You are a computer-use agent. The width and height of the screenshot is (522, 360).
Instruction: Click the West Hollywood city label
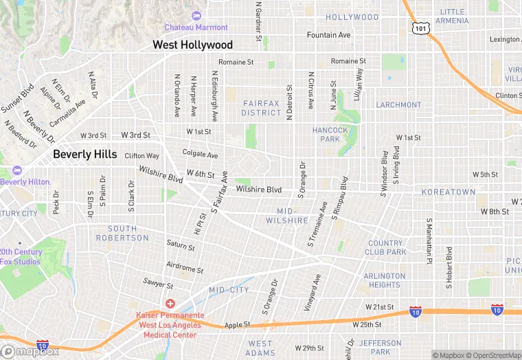pyautogui.click(x=192, y=45)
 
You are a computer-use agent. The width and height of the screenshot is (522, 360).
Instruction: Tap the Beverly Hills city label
pyautogui.click(x=85, y=155)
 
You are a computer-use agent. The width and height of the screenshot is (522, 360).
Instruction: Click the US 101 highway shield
pyautogui.click(x=420, y=27)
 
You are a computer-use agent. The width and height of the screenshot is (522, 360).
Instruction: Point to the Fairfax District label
pyautogui.click(x=262, y=108)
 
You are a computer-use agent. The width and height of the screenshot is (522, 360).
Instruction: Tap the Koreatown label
pyautogui.click(x=449, y=192)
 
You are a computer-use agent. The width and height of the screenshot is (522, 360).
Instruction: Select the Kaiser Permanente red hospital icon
pyautogui.click(x=170, y=304)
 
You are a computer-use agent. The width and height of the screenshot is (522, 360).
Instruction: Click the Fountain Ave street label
pyautogui.click(x=329, y=35)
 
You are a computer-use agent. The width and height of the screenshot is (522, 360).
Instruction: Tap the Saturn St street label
pyautogui.click(x=181, y=245)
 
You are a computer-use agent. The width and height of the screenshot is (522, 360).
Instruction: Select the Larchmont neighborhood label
pyautogui.click(x=398, y=105)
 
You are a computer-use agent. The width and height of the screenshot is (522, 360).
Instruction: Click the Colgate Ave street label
pyautogui.click(x=200, y=155)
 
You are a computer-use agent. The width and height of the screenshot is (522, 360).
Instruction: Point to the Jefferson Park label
pyautogui.click(x=380, y=348)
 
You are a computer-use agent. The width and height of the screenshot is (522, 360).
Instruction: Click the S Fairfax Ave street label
pyautogui.click(x=219, y=194)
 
